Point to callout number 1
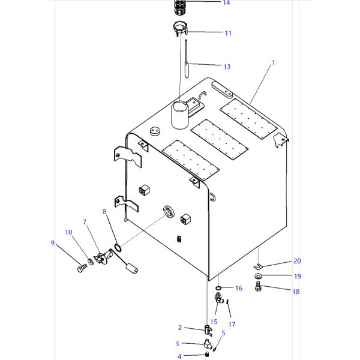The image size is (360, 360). (273, 62)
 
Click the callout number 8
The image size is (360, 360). (104, 212)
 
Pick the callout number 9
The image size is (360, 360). (53, 242)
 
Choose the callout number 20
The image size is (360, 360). (297, 261)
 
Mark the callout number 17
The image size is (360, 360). (232, 325)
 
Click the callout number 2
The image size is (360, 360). (179, 328)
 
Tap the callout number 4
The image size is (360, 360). (179, 357)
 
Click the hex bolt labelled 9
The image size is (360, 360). (82, 268)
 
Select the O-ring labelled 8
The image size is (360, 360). (118, 247)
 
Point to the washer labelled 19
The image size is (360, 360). (258, 277)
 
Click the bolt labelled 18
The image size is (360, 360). (259, 289)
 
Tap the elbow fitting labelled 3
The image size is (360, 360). (206, 344)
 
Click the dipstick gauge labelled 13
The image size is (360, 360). (186, 60)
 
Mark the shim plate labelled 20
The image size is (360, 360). (257, 265)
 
